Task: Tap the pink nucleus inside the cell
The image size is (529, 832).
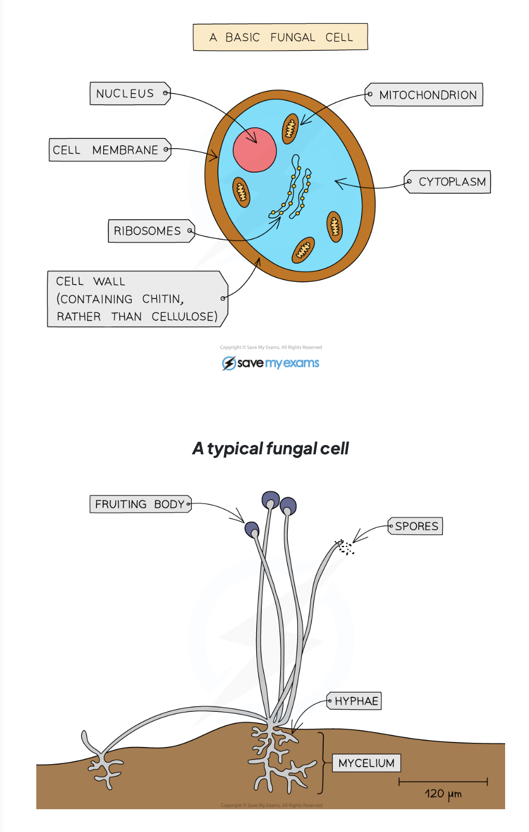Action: tap(254, 150)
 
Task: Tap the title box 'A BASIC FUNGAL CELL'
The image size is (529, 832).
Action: tap(280, 37)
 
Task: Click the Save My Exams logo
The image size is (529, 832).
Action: tap(270, 363)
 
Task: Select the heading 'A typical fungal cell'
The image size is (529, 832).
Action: tap(270, 448)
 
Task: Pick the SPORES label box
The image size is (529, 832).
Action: tap(416, 526)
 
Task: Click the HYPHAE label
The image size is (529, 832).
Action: tap(355, 701)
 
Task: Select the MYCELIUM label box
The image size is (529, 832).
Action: tap(366, 763)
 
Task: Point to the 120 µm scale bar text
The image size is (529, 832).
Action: tap(442, 794)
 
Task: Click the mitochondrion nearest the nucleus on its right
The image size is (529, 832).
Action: tap(290, 128)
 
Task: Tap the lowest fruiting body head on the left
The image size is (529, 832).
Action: tap(252, 529)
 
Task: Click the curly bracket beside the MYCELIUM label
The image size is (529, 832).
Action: tap(322, 763)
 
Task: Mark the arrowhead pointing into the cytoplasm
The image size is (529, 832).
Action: tap(339, 183)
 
